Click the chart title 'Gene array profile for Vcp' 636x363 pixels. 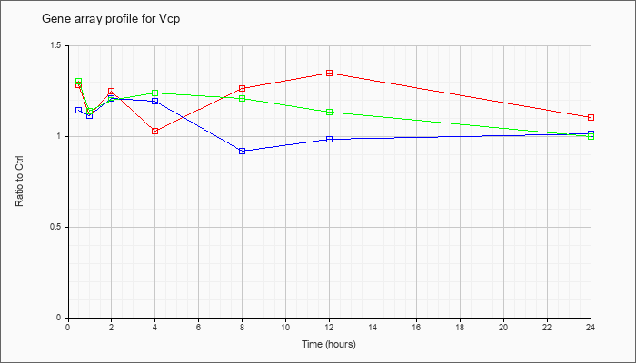coord(111,19)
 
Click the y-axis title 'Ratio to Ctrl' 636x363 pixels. coord(19,181)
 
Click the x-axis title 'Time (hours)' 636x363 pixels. coord(329,344)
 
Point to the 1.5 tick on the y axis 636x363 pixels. coord(57,45)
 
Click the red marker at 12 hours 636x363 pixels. coord(329,73)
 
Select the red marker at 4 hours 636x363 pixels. coord(155,131)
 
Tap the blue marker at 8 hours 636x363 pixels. coord(243,151)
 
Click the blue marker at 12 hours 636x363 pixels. coord(329,139)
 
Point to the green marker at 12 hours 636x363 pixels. coord(329,112)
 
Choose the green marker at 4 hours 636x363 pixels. coord(155,93)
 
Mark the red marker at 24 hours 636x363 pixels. coord(591,117)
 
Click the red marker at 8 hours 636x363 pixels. coord(243,88)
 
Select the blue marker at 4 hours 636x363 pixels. coord(155,101)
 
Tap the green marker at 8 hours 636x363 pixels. coord(243,98)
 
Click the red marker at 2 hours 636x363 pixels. coord(111,91)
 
